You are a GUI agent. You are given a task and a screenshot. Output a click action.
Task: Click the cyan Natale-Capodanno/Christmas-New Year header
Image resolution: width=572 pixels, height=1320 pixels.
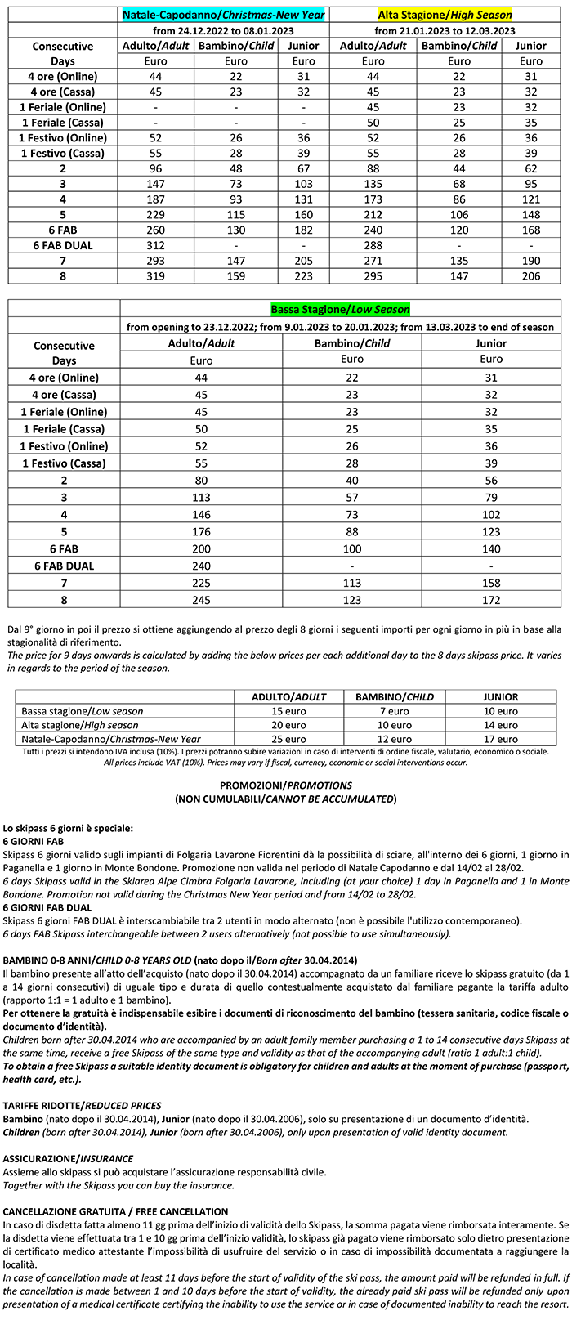pos(223,15)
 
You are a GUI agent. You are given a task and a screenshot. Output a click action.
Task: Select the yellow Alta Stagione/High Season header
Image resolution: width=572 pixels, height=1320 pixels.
pos(445,15)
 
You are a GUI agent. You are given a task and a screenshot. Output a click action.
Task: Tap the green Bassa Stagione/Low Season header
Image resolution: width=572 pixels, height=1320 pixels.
pos(340,310)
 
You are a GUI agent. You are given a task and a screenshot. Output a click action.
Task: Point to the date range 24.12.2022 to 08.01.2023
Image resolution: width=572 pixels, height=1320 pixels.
pos(223,30)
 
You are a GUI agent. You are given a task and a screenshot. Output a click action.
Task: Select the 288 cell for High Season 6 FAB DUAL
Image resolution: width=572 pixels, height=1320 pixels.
pos(373,245)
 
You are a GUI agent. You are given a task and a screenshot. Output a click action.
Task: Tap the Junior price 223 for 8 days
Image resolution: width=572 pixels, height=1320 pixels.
pos(303,276)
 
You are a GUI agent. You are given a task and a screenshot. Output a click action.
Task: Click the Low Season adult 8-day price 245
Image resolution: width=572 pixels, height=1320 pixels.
pos(201,600)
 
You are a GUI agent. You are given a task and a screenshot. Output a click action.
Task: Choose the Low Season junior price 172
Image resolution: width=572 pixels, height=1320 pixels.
pos(491,600)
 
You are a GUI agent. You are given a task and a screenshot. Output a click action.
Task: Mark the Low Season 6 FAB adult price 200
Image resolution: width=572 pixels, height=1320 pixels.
pos(201,548)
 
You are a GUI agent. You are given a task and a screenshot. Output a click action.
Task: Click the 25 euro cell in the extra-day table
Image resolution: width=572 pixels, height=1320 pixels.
pos(280,739)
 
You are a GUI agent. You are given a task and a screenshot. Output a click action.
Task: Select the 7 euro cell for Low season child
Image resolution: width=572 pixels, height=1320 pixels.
pos(394,711)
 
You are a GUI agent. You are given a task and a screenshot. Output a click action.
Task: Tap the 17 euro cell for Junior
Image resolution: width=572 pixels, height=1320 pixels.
pos(500,739)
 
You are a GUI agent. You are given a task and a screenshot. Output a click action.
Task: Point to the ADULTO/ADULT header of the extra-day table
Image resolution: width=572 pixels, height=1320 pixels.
pos(280,697)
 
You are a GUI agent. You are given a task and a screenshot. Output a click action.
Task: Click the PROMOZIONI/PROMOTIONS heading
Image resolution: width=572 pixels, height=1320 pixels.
pos(285,785)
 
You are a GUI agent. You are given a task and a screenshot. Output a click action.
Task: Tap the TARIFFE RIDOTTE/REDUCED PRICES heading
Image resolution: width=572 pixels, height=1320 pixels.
pos(82,1106)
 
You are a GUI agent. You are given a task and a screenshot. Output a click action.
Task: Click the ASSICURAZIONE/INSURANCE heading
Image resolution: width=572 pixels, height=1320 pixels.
pos(66,1159)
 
